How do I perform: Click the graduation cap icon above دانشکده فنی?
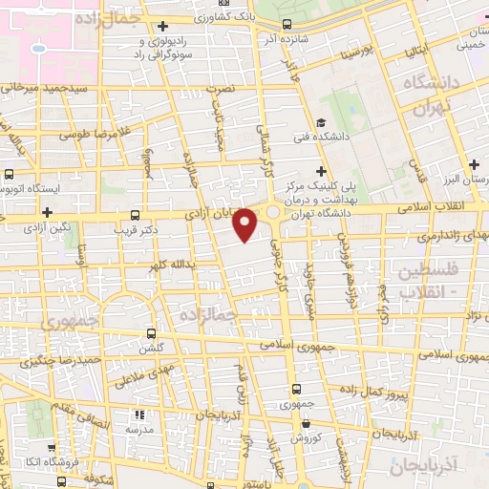[322, 121]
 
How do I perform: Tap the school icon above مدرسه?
[140, 415]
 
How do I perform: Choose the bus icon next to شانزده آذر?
[287, 26]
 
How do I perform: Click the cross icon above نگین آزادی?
[46, 211]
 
